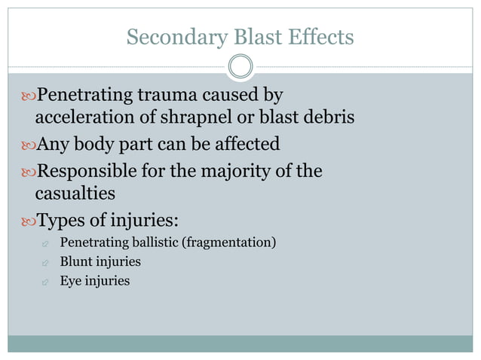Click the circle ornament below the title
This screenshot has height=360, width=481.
tap(240, 67)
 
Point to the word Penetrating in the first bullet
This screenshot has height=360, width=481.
tap(87, 96)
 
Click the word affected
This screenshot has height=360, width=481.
tap(244, 143)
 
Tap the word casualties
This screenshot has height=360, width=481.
tap(75, 194)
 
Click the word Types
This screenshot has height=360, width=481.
tap(60, 221)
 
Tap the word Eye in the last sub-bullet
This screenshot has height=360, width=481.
tap(70, 281)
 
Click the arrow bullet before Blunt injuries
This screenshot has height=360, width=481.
tap(45, 263)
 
